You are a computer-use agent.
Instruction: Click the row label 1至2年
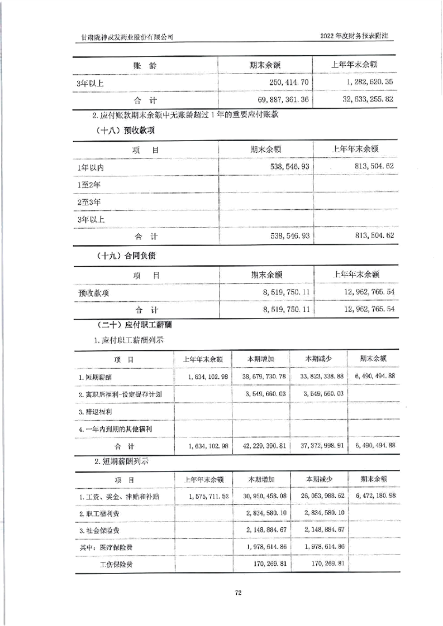tap(89, 184)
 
